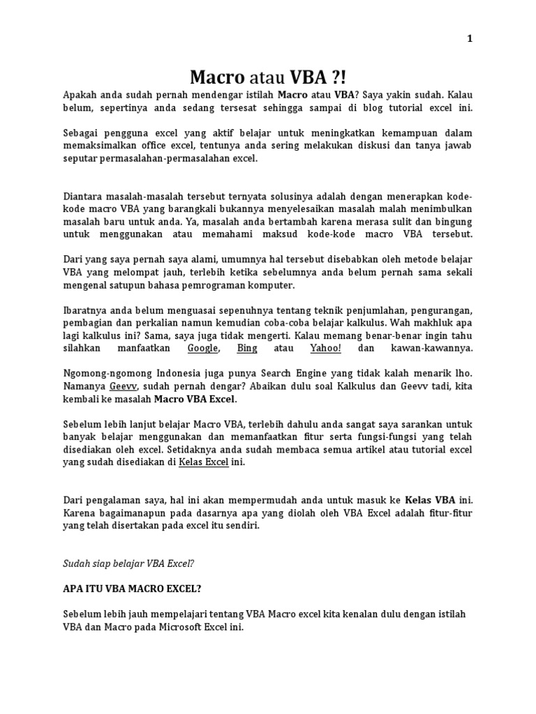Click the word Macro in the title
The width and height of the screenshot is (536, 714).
[x=218, y=77]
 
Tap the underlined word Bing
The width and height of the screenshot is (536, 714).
[x=247, y=347]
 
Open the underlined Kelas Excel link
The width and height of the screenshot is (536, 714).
[x=204, y=462]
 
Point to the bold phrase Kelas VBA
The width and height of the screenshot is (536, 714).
[x=431, y=500]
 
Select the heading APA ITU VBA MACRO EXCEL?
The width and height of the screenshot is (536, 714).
[x=132, y=588]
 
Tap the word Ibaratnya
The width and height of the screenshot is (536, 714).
[x=87, y=310]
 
